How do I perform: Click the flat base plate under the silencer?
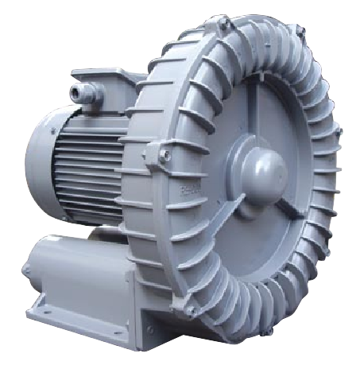87,322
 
